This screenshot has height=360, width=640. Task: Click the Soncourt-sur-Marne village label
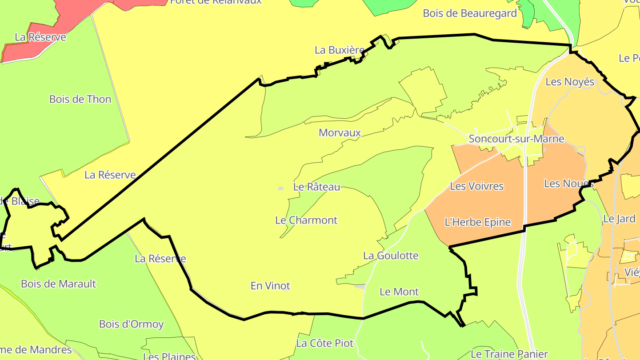point(516,139)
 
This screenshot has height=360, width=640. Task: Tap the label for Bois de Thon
point(80,99)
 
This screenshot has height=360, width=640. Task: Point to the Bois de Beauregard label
point(470,13)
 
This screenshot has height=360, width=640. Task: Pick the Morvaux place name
point(340,132)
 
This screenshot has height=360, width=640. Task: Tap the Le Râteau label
point(316,187)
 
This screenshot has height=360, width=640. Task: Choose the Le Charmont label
point(306,220)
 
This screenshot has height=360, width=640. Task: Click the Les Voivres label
point(477,186)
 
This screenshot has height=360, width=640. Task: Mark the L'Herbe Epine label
point(478,222)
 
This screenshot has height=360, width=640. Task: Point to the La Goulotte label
point(391,256)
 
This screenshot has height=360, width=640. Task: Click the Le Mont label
point(399,292)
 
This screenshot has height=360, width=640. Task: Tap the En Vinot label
point(270,286)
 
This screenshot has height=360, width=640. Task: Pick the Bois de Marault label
point(58,284)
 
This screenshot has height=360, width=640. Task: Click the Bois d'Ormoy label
point(131,324)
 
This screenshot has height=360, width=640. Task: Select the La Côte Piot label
point(324,343)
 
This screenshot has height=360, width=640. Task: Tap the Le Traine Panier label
point(509,354)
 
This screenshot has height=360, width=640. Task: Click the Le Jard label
point(613,219)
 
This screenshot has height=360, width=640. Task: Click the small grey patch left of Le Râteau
point(281,188)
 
